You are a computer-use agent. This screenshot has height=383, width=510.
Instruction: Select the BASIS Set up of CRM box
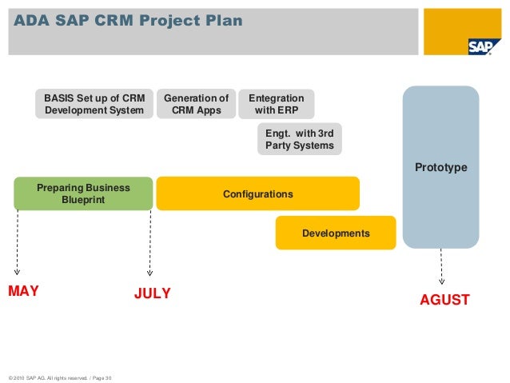pyautogui.click(x=94, y=104)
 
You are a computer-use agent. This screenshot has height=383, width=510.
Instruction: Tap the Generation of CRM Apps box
pyautogui.click(x=196, y=104)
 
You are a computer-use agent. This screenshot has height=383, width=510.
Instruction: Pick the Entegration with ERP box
pyautogui.click(x=276, y=104)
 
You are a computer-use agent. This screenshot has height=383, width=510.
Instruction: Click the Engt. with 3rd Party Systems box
pyautogui.click(x=299, y=139)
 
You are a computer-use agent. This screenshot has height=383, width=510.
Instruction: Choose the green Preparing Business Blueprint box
pyautogui.click(x=83, y=193)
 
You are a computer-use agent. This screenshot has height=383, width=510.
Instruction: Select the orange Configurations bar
pyautogui.click(x=257, y=194)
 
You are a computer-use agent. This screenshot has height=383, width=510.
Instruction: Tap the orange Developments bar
pyautogui.click(x=336, y=233)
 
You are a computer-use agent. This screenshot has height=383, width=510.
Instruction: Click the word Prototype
pyautogui.click(x=440, y=167)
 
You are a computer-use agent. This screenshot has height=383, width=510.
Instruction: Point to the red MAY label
pyautogui.click(x=23, y=291)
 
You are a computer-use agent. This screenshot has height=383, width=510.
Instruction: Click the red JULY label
pyautogui.click(x=152, y=293)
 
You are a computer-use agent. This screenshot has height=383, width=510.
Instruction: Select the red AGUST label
pyautogui.click(x=444, y=300)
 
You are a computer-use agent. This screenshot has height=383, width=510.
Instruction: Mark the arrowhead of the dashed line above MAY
pyautogui.click(x=18, y=272)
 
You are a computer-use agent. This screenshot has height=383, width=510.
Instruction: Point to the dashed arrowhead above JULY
pyautogui.click(x=149, y=274)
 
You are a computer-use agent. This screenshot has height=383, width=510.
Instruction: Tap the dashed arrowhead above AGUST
pyautogui.click(x=442, y=280)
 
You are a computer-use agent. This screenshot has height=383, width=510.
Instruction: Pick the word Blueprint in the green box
pyautogui.click(x=83, y=199)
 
